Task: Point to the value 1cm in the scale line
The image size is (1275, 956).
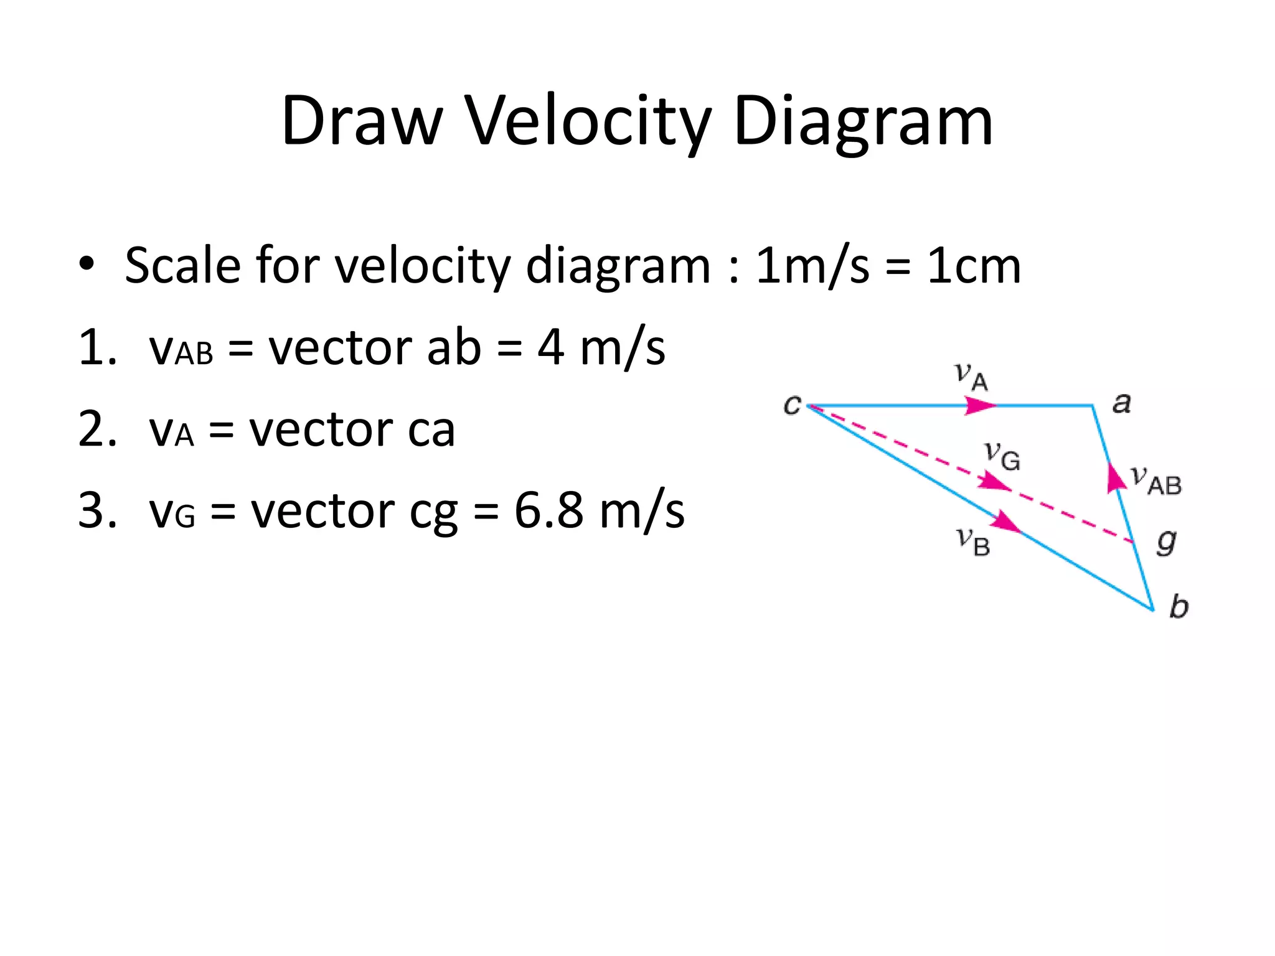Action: pos(974,266)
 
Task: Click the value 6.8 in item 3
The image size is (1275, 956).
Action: pos(549,510)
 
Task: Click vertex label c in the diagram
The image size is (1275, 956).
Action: pos(792,405)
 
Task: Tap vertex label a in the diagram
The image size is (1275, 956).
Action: pos(1121,403)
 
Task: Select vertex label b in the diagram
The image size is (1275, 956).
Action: pos(1179,606)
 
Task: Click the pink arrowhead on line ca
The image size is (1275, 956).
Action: pos(980,406)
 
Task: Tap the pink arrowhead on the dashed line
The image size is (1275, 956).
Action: pos(994,482)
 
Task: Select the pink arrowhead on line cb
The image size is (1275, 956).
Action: pos(1005,522)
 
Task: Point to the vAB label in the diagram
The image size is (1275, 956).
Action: pos(1157,481)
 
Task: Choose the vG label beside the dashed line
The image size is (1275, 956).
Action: pos(1002,456)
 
